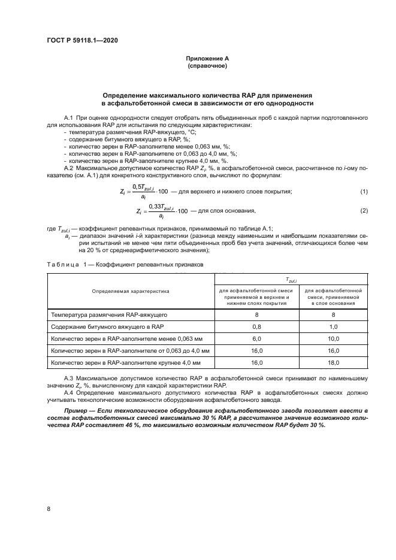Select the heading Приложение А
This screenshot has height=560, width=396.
207,58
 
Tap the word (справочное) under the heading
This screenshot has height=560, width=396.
207,65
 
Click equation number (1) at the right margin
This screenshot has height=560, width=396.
363,191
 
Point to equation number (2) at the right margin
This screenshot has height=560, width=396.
363,211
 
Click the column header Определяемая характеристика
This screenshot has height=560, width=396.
131,290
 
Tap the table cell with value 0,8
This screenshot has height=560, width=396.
257,326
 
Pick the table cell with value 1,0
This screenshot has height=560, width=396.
333,326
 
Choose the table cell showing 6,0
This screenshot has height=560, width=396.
257,338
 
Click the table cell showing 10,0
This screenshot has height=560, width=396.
333,338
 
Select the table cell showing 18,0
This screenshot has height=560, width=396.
333,363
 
